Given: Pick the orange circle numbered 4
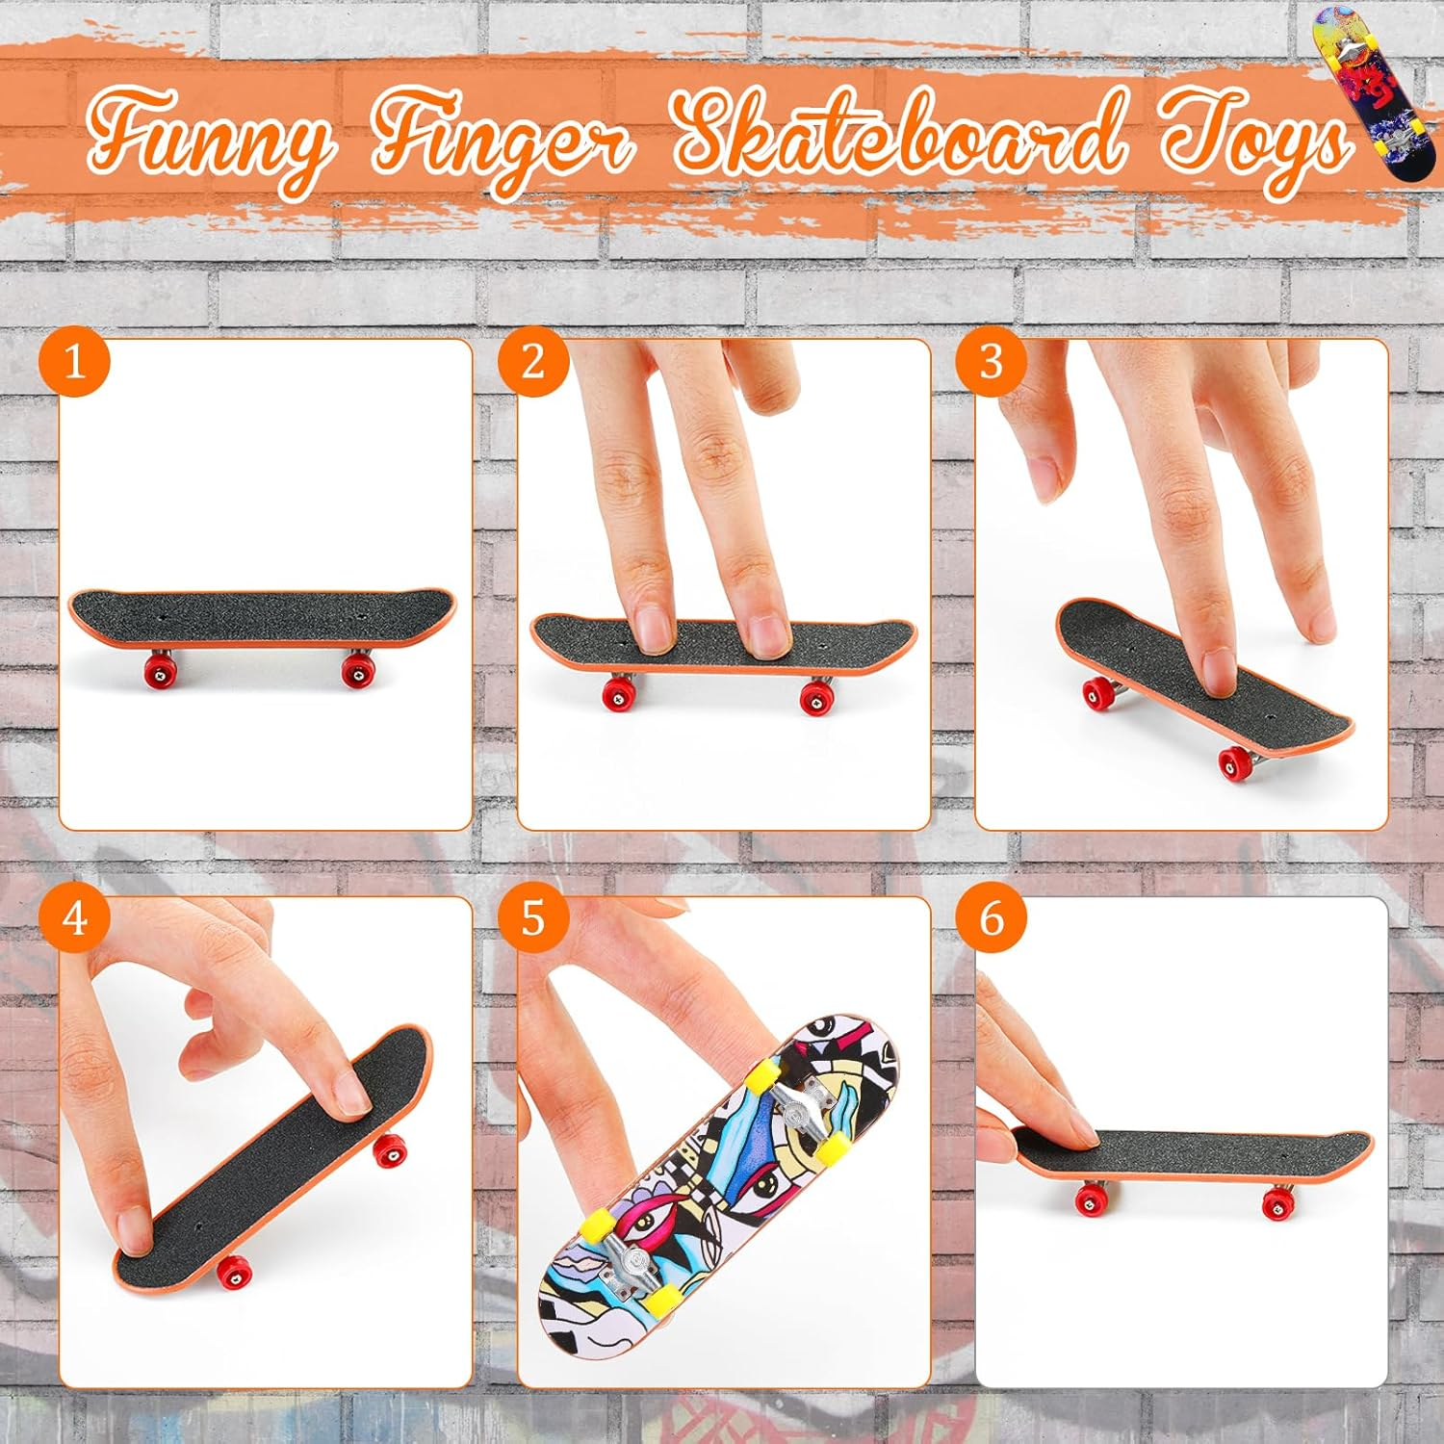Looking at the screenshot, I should (74, 918).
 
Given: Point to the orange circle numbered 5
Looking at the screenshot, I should (533, 918).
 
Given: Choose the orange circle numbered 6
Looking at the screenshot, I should (992, 918).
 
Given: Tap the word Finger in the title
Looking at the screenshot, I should (501, 144).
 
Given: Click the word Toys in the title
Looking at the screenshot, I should (1251, 140).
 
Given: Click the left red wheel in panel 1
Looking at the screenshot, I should (160, 669).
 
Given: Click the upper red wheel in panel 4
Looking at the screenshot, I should (389, 1150).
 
